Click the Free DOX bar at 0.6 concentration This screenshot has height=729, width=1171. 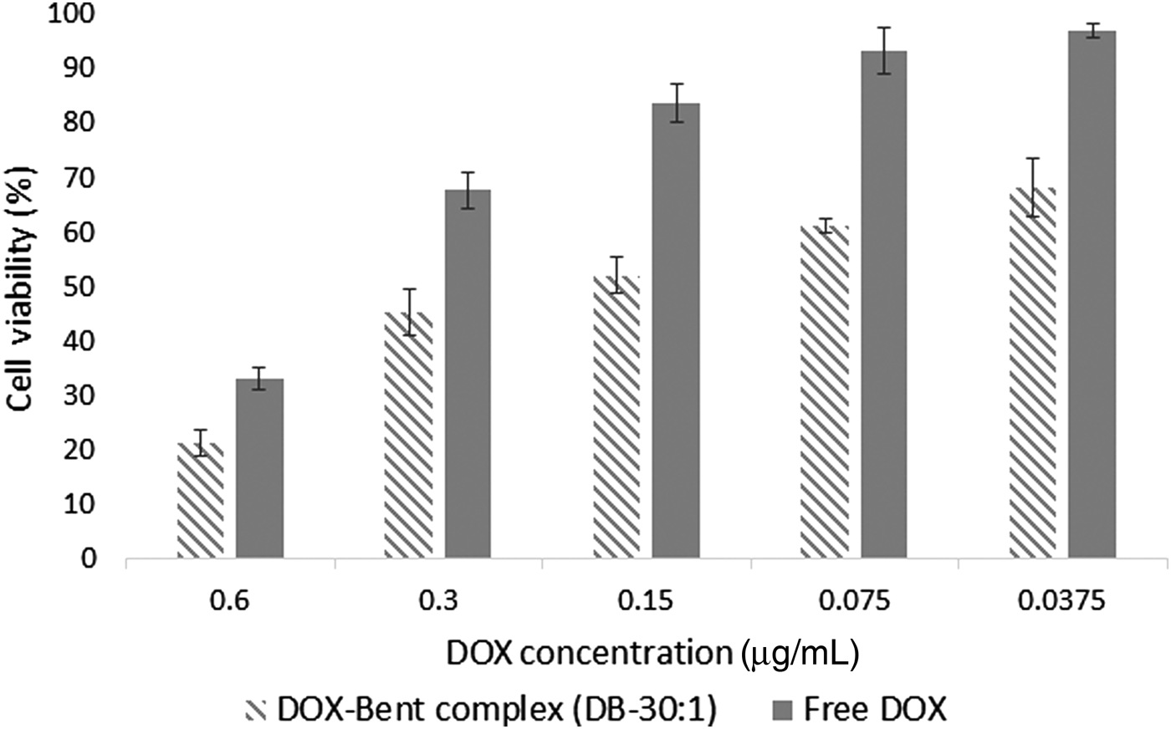(x=259, y=468)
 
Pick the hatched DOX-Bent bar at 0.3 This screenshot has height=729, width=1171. (x=409, y=435)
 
